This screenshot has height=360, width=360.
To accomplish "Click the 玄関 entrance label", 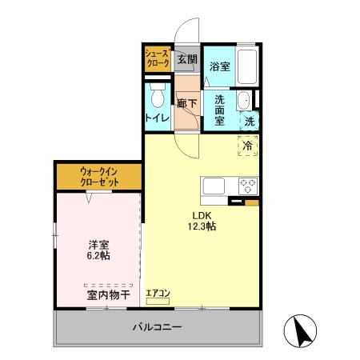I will [186, 59].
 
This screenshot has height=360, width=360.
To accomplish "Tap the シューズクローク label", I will [156, 58].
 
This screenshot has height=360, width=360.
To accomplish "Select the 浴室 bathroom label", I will [220, 66].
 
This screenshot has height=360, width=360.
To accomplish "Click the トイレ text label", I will [156, 118].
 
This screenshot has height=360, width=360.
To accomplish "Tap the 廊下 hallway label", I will [187, 103].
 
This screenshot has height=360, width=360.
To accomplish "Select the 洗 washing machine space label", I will [250, 122].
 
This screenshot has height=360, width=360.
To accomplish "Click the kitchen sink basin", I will [216, 186].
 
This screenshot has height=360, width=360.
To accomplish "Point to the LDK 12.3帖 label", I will [202, 221].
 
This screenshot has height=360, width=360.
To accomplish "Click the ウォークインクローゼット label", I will [98, 176].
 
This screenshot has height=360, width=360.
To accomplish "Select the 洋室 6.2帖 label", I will [98, 250].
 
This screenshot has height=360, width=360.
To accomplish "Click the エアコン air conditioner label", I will [158, 294].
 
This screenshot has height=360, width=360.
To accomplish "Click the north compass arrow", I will [302, 331].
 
